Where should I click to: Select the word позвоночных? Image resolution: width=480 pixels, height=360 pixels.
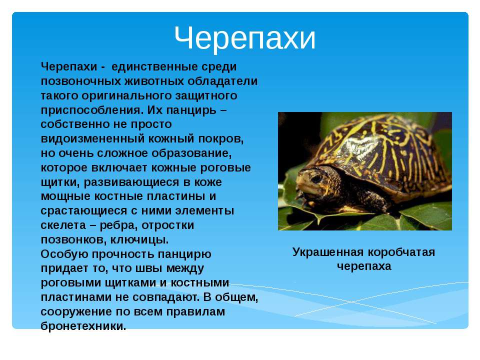(x=81, y=81)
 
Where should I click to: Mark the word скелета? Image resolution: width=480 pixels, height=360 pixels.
(x=63, y=225)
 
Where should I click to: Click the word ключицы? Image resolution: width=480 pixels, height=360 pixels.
(x=139, y=240)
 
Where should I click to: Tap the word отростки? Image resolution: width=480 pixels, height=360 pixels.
(x=167, y=225)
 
